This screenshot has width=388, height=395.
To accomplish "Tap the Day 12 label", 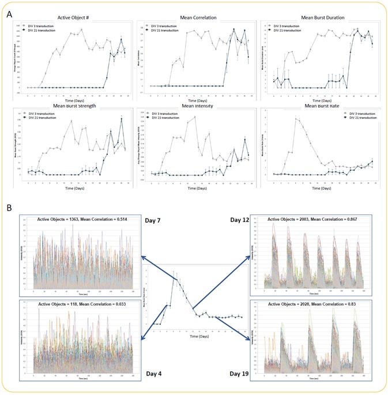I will [x=240, y=220].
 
